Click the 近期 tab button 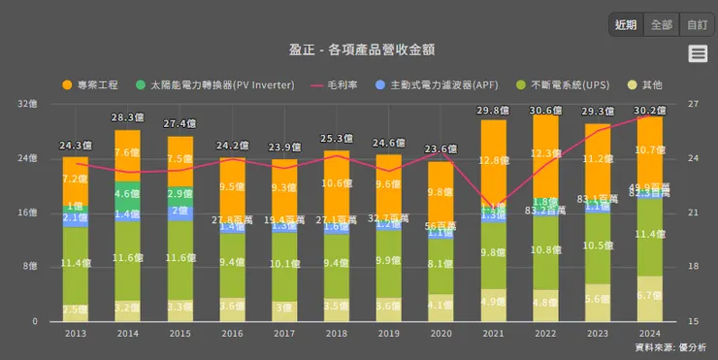(x=626, y=24)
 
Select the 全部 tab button (x=662, y=24)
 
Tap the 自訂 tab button (x=696, y=24)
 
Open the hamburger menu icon (x=698, y=54)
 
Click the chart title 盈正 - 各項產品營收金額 (x=358, y=49)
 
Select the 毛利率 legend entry (x=337, y=85)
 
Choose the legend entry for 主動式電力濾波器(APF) (x=436, y=85)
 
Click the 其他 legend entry (x=644, y=85)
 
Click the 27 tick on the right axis (x=693, y=103)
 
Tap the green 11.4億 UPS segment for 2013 (x=76, y=264)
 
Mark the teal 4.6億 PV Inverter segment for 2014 (x=128, y=194)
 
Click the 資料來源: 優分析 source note (x=669, y=346)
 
